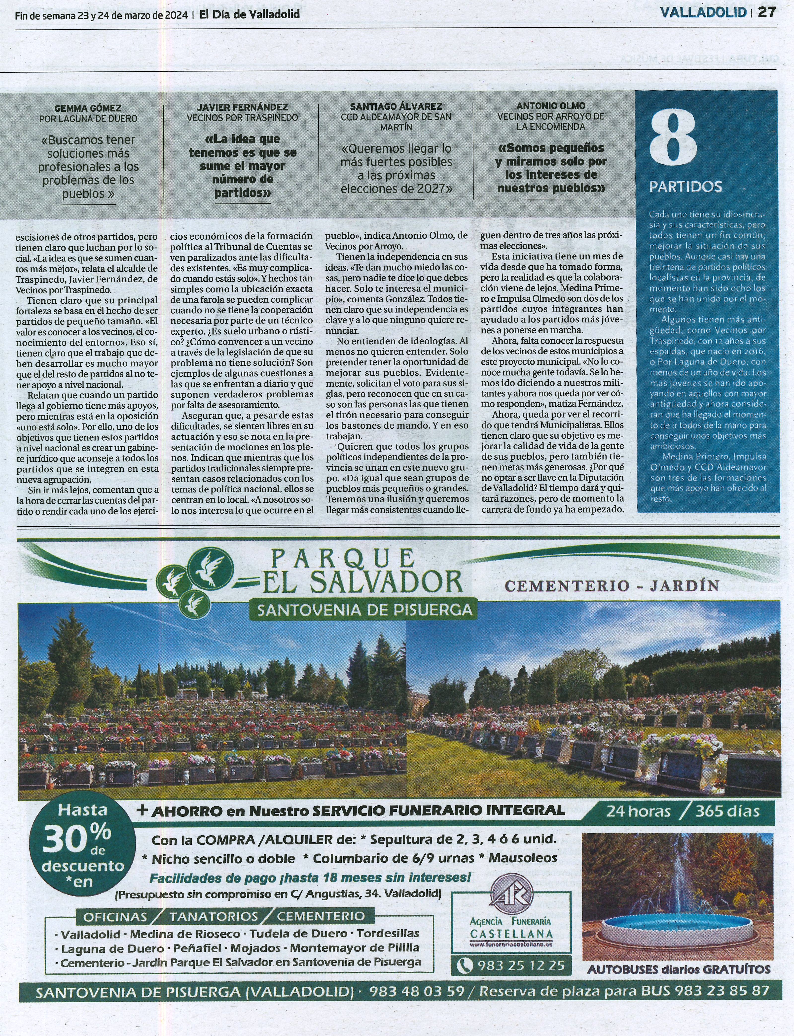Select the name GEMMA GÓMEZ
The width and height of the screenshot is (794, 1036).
tap(88, 108)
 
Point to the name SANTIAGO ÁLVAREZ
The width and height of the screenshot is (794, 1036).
tap(396, 107)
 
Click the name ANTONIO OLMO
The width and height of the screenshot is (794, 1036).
tap(551, 106)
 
